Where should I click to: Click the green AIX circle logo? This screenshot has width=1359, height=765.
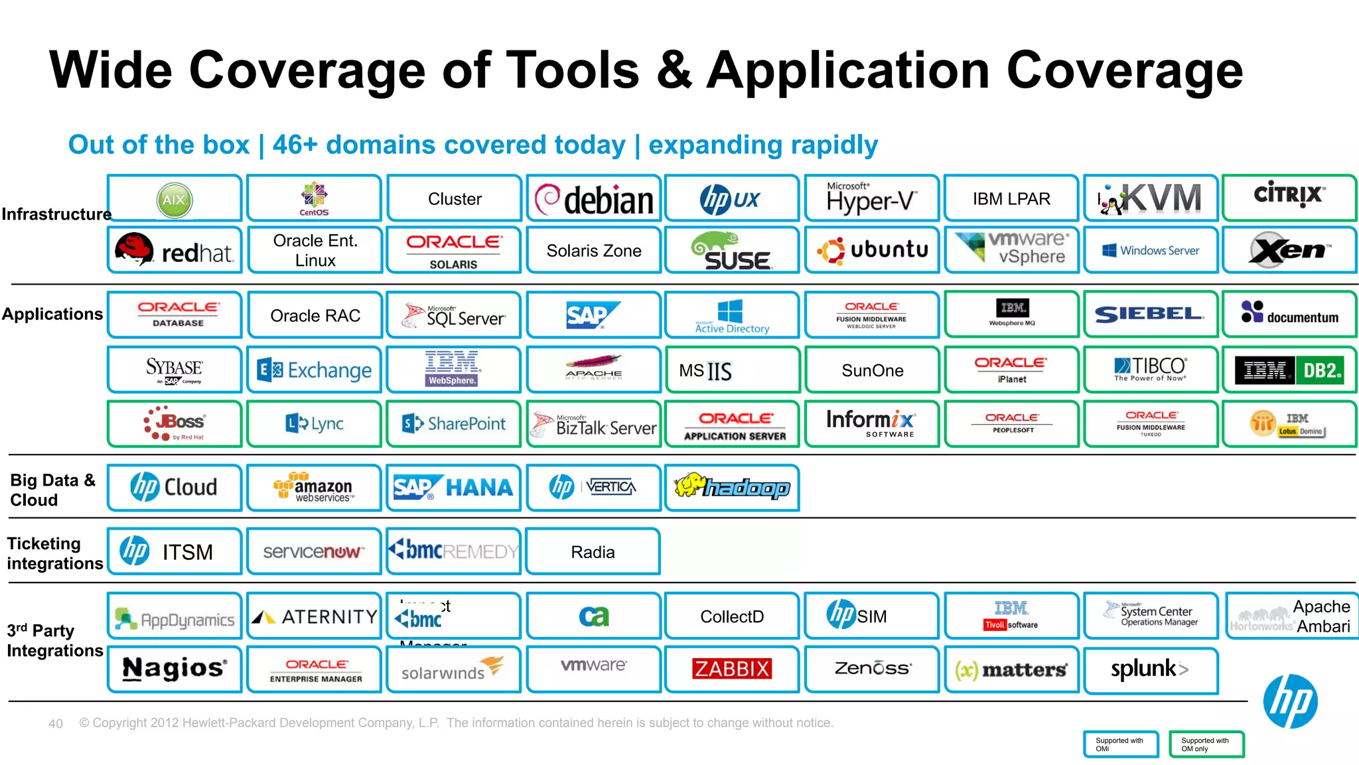click(175, 200)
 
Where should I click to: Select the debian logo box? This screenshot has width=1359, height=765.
click(594, 199)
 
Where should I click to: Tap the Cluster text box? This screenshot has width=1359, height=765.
click(455, 199)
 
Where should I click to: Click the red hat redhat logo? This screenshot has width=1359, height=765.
click(175, 251)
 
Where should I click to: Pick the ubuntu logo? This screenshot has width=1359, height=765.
click(872, 251)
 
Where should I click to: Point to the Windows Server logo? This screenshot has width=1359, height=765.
click(1151, 251)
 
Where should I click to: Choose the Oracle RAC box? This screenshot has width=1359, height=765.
click(315, 316)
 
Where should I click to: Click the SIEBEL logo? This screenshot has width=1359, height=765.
click(1151, 314)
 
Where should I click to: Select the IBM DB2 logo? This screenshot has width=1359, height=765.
click(1289, 370)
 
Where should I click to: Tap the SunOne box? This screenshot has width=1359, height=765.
click(872, 370)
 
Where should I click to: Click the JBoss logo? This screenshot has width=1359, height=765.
click(175, 423)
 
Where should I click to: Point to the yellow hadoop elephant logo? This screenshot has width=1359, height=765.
click(732, 488)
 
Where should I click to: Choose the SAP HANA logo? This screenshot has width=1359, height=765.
click(454, 488)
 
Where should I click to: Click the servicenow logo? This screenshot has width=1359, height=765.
click(314, 551)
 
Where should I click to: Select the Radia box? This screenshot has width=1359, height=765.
click(593, 552)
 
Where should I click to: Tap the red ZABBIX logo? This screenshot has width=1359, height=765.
click(731, 669)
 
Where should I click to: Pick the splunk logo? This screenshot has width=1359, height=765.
click(1150, 669)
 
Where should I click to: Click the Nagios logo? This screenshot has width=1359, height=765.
click(175, 669)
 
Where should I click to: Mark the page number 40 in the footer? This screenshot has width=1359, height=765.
click(56, 724)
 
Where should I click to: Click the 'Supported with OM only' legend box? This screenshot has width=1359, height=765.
click(1206, 744)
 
